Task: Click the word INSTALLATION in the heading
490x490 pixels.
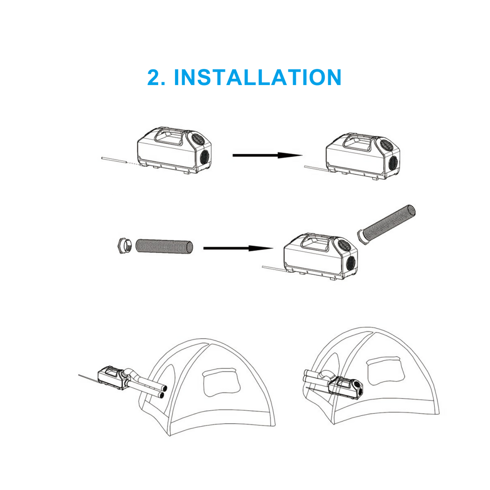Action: coord(257,77)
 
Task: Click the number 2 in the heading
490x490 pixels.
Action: coord(155,77)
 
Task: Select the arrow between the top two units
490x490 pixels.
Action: coord(268,155)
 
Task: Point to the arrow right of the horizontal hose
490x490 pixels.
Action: coord(238,248)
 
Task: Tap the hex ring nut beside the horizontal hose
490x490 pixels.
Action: coord(125,245)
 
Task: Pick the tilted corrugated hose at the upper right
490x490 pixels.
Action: coord(387,225)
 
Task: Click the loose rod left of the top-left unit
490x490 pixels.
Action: coord(114,160)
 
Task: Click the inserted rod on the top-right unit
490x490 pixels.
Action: coord(316,169)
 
